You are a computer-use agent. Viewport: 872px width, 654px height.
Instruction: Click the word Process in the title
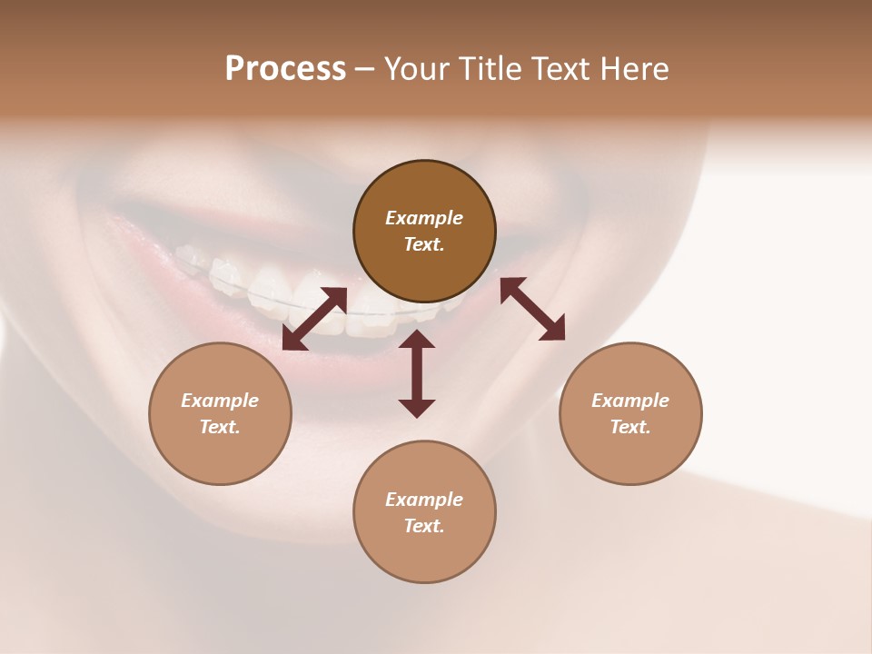285,69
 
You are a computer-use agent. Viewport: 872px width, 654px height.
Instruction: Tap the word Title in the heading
487,69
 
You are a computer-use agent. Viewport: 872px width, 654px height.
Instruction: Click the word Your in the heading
415,69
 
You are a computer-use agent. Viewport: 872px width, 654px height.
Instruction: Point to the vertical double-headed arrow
417,373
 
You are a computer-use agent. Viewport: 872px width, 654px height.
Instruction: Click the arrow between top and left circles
314,319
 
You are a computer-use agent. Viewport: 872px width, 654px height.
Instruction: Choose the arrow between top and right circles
533,309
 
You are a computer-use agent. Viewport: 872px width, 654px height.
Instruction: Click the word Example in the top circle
424,218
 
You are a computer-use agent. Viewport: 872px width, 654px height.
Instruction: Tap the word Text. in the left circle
220,427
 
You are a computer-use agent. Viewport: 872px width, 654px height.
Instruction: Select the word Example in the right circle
630,401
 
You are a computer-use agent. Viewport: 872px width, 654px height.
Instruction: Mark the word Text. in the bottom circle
424,526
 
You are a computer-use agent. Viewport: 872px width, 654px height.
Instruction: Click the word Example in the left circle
220,401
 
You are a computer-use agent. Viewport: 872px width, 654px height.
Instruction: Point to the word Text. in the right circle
630,427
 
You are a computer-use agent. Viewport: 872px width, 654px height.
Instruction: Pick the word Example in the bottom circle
424,500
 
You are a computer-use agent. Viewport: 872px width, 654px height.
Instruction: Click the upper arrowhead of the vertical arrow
417,340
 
